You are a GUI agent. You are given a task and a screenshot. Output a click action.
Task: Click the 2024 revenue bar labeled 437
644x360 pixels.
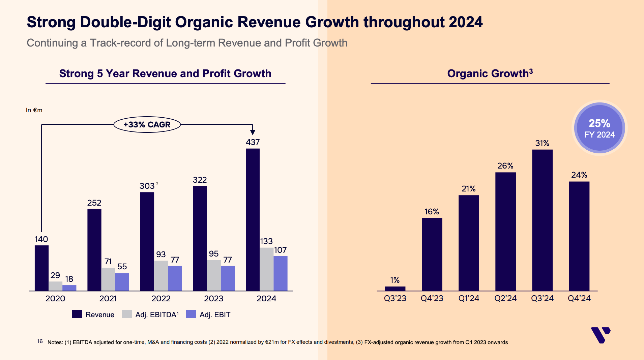pos(253,219)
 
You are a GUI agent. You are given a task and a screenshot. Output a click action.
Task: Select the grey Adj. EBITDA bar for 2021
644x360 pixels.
pos(108,279)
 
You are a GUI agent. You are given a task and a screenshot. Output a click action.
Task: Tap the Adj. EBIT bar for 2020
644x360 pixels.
pos(69,288)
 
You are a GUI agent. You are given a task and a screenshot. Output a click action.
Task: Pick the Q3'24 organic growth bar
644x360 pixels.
pos(542,220)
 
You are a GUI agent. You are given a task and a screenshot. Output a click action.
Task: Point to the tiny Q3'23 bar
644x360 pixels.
pos(395,289)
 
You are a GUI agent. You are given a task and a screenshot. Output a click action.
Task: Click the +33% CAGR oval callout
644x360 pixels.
pos(147,125)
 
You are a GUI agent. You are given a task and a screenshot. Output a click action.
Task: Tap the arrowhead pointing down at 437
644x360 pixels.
pos(253,132)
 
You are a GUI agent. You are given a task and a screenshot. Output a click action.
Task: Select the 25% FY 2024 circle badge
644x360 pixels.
pos(599,128)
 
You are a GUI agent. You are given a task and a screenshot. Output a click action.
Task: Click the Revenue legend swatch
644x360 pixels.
pos(77,314)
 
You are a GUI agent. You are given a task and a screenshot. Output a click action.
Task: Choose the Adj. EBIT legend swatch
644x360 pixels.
pos(191,314)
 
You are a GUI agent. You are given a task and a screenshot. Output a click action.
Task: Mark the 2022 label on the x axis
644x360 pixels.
pos(161,299)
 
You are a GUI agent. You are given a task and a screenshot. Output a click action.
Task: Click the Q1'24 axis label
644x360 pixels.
pos(469,298)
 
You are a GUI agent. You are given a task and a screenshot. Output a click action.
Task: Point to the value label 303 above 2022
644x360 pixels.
pos(147,186)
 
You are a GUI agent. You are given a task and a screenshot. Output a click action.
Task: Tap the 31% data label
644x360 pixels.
pos(542,143)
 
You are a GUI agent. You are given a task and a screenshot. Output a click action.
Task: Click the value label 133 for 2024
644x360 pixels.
pos(266,241)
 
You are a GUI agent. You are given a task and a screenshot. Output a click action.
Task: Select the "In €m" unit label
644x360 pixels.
pos(34,110)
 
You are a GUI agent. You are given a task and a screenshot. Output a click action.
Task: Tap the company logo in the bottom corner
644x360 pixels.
pos(601,335)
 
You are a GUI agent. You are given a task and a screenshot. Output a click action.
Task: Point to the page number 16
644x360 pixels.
pos(40,341)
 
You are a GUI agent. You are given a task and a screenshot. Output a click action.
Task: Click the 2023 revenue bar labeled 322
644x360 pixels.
pos(200,238)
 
